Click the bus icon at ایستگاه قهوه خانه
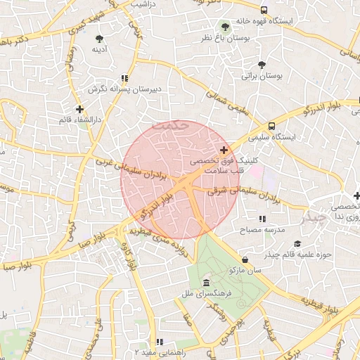pos(264,11)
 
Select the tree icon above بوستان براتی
pos(262,65)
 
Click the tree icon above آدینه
pos(98,39)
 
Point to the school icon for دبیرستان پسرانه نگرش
pos(124,79)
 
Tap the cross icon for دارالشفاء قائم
pos(79,109)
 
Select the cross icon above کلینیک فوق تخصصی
pos(224,150)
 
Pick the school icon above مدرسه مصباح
pos(262,219)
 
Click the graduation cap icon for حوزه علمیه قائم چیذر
pos(298,244)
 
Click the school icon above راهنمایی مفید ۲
pos(160,342)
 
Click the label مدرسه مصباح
pos(262,230)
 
